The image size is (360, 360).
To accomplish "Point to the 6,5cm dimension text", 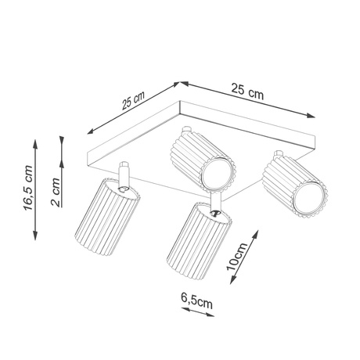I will click(197, 299).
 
